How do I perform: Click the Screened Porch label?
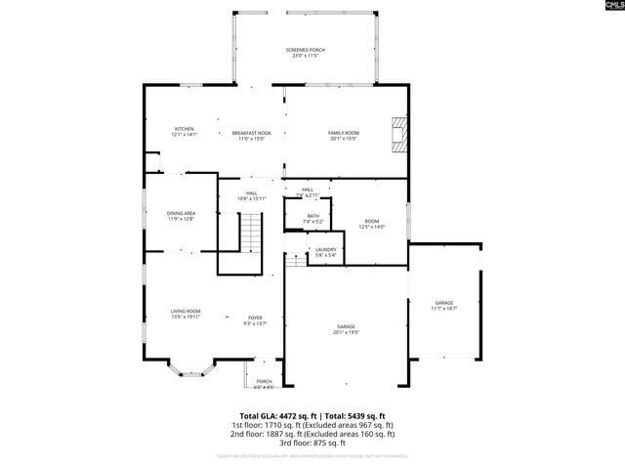(x=306, y=53)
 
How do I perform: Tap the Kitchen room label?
(x=184, y=132)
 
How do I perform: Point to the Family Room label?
(x=343, y=136)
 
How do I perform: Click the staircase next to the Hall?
(x=252, y=234)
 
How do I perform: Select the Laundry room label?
(x=325, y=252)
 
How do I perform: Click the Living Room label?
(x=186, y=314)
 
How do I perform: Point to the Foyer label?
(x=254, y=320)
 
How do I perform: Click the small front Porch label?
(x=264, y=383)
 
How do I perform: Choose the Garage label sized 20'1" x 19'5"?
(x=346, y=329)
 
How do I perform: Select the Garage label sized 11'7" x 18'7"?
(x=443, y=306)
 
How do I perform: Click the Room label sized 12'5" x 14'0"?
(x=372, y=224)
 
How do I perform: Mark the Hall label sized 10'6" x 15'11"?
(x=252, y=195)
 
